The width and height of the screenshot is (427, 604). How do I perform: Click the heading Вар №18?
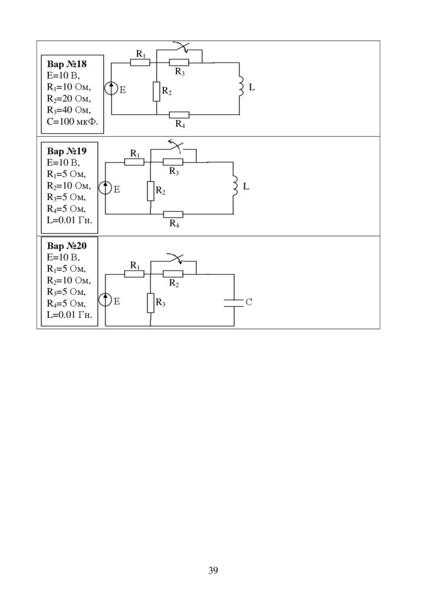[x=67, y=65]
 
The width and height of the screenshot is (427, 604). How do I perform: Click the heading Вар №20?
[x=67, y=246]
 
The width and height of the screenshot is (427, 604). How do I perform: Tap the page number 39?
[x=213, y=570]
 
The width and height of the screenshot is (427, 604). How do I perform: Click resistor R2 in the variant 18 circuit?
[x=156, y=91]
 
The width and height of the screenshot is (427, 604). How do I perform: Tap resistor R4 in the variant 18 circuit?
[x=179, y=114]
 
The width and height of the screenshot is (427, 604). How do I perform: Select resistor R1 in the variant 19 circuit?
[x=134, y=162]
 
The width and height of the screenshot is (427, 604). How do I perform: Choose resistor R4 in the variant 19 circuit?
[x=173, y=214]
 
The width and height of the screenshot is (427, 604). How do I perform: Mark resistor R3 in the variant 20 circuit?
[x=150, y=303]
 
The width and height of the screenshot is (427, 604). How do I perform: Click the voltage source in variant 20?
[x=106, y=300]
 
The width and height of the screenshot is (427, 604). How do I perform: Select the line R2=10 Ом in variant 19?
[x=68, y=186]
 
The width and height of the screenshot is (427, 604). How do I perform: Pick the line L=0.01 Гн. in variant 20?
[x=69, y=315]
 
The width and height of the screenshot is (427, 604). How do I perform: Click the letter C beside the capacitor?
[x=249, y=302]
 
